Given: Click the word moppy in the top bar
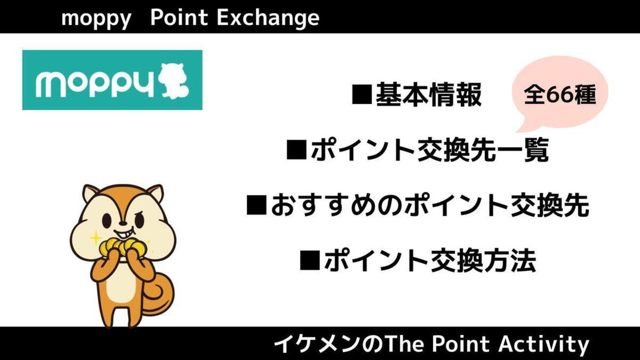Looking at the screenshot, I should [x=96, y=19].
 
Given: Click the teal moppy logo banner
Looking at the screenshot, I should [x=112, y=80].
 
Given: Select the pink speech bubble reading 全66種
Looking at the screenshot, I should [x=560, y=94].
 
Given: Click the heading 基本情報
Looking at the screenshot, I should [x=428, y=95].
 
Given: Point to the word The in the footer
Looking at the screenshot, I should [x=401, y=344].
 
